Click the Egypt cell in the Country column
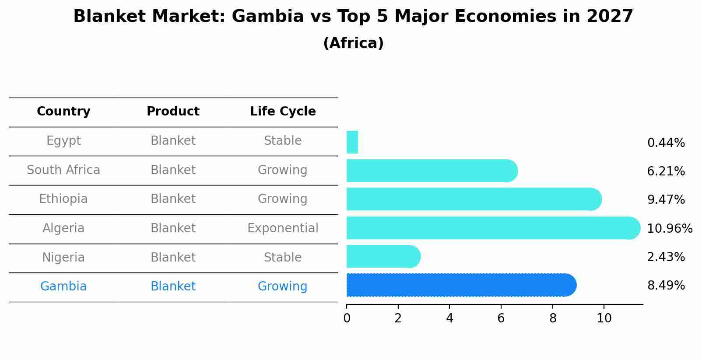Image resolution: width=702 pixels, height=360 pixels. pos(63,141)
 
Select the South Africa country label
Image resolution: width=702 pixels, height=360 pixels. pos(63,170)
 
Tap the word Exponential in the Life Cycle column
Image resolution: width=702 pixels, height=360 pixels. pos(283,228)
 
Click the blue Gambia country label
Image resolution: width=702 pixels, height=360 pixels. pos(63,287)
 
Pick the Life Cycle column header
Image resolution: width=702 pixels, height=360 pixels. pos(283,112)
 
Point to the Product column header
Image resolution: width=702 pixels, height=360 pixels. pos(173,112)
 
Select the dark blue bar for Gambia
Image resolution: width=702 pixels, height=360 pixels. pos(460,285)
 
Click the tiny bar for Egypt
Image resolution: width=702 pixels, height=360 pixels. pos(352,142)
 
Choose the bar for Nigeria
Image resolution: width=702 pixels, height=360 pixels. pos(381,256)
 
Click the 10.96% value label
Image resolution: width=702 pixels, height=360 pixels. pos(669,229)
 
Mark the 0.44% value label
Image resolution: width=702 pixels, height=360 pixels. pos(666,143)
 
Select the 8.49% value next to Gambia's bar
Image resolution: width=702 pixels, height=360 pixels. pos(666,286)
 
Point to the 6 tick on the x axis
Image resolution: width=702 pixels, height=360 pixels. pos(501,318)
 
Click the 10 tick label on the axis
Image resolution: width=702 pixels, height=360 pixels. pos(604,318)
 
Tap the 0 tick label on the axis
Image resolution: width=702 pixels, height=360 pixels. pos(347,318)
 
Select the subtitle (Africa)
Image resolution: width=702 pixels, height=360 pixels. pos(353,43)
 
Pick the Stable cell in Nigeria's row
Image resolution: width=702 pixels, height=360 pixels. pos(283,258)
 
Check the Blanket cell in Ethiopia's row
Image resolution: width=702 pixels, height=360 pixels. pos(173,199)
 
